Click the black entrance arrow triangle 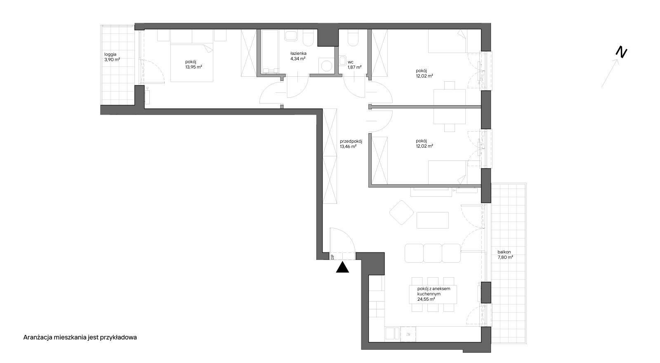[342, 268]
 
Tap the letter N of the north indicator [621, 52]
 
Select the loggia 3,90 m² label [112, 57]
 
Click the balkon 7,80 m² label [505, 255]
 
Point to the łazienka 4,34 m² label [298, 56]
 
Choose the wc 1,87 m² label [354, 64]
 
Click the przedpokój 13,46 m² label [351, 144]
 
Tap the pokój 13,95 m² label [193, 64]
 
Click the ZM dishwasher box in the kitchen [408, 335]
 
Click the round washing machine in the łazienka [326, 65]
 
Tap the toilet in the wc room [353, 38]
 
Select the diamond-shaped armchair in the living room [402, 213]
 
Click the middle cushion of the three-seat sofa [433, 253]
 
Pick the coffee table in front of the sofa [433, 220]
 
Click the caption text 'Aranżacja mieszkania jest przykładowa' [80, 337]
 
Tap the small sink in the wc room [342, 61]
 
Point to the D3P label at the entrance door [332, 257]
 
